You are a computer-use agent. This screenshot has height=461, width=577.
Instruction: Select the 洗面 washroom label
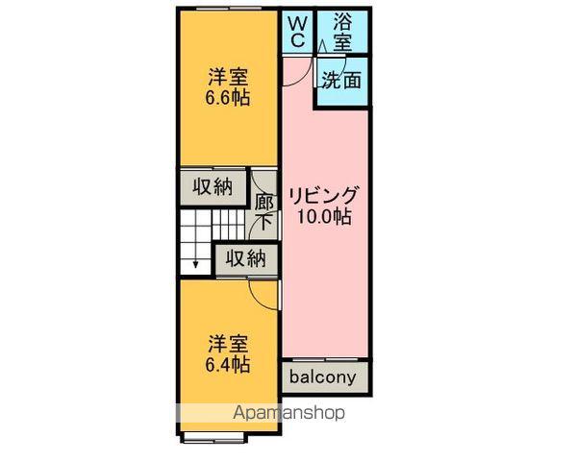tap(342, 81)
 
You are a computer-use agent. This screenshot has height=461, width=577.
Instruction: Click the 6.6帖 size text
tap(227, 97)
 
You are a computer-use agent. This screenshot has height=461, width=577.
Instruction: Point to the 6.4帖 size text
tap(227, 365)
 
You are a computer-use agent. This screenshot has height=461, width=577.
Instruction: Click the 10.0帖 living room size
tap(323, 216)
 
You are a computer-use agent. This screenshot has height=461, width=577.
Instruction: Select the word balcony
tap(323, 376)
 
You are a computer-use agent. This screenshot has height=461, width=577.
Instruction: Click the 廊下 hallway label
tap(263, 211)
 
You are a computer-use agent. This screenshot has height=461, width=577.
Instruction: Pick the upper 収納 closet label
tap(212, 187)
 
